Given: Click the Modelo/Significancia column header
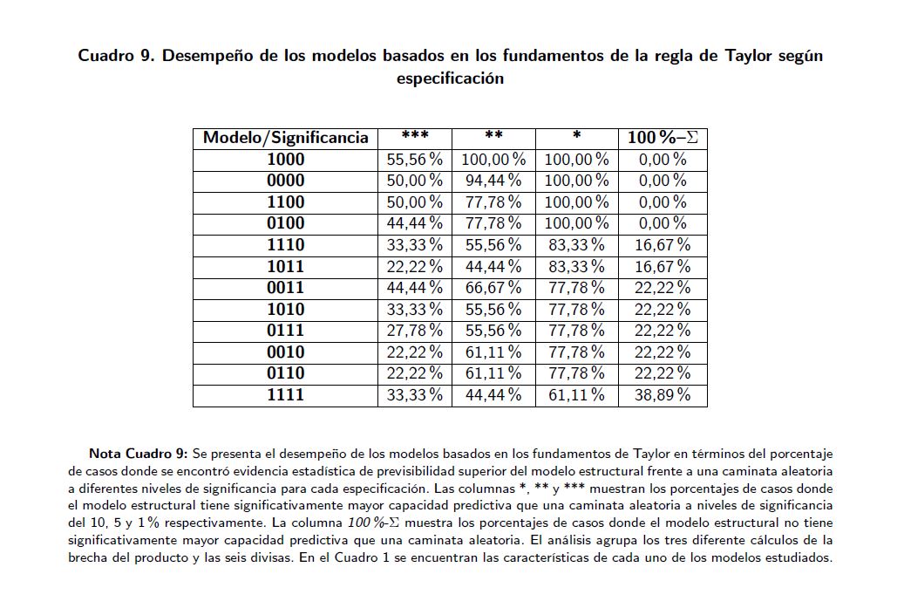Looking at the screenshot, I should pyautogui.click(x=285, y=138).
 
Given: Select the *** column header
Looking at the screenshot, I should pyautogui.click(x=414, y=138).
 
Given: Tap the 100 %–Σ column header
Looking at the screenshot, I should pyautogui.click(x=663, y=138).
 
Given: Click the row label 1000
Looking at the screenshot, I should pyautogui.click(x=285, y=160).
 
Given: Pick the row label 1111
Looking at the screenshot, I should pyautogui.click(x=285, y=395).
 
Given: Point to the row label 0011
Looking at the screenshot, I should pyautogui.click(x=285, y=288).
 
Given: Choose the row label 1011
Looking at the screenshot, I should pyautogui.click(x=285, y=266).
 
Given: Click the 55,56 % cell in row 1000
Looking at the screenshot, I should pyautogui.click(x=414, y=160).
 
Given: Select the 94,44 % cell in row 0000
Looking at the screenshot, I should pyautogui.click(x=493, y=181).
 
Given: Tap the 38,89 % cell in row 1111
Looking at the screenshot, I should pyautogui.click(x=663, y=395).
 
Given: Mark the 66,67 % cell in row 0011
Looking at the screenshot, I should pyautogui.click(x=493, y=288).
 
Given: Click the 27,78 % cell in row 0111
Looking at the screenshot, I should pyautogui.click(x=414, y=331).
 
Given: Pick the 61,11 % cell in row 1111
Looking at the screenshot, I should pyautogui.click(x=576, y=395).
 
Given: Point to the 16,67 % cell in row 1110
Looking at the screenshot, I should pyautogui.click(x=663, y=245).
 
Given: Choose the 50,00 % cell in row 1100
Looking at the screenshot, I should pyautogui.click(x=414, y=202).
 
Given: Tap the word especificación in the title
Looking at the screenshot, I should pyautogui.click(x=450, y=78).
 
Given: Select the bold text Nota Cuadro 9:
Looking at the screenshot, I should pyautogui.click(x=138, y=454).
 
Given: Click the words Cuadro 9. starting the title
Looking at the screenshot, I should pyautogui.click(x=117, y=56).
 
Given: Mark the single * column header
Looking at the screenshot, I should pyautogui.click(x=576, y=138).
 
